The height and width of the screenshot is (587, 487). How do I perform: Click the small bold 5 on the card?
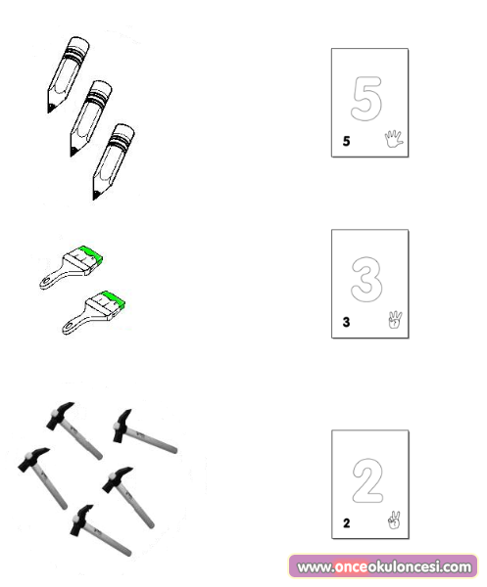pos(346,141)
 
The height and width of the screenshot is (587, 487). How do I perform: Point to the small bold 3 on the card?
pos(346,322)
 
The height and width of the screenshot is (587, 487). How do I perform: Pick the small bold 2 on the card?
pos(347,523)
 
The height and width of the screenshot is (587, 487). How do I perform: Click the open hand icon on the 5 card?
pos(393,139)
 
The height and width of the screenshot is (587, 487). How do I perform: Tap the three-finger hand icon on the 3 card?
pos(395,320)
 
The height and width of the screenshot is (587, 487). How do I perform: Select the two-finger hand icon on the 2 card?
pos(394,520)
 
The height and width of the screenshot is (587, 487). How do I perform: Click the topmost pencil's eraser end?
pos(78,44)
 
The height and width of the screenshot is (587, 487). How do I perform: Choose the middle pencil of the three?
pos(91,118)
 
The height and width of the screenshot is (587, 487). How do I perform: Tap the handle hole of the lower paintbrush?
pos(68,326)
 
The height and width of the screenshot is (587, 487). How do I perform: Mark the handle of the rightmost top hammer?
pos(151,440)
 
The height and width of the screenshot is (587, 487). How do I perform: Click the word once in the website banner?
pos(351,566)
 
